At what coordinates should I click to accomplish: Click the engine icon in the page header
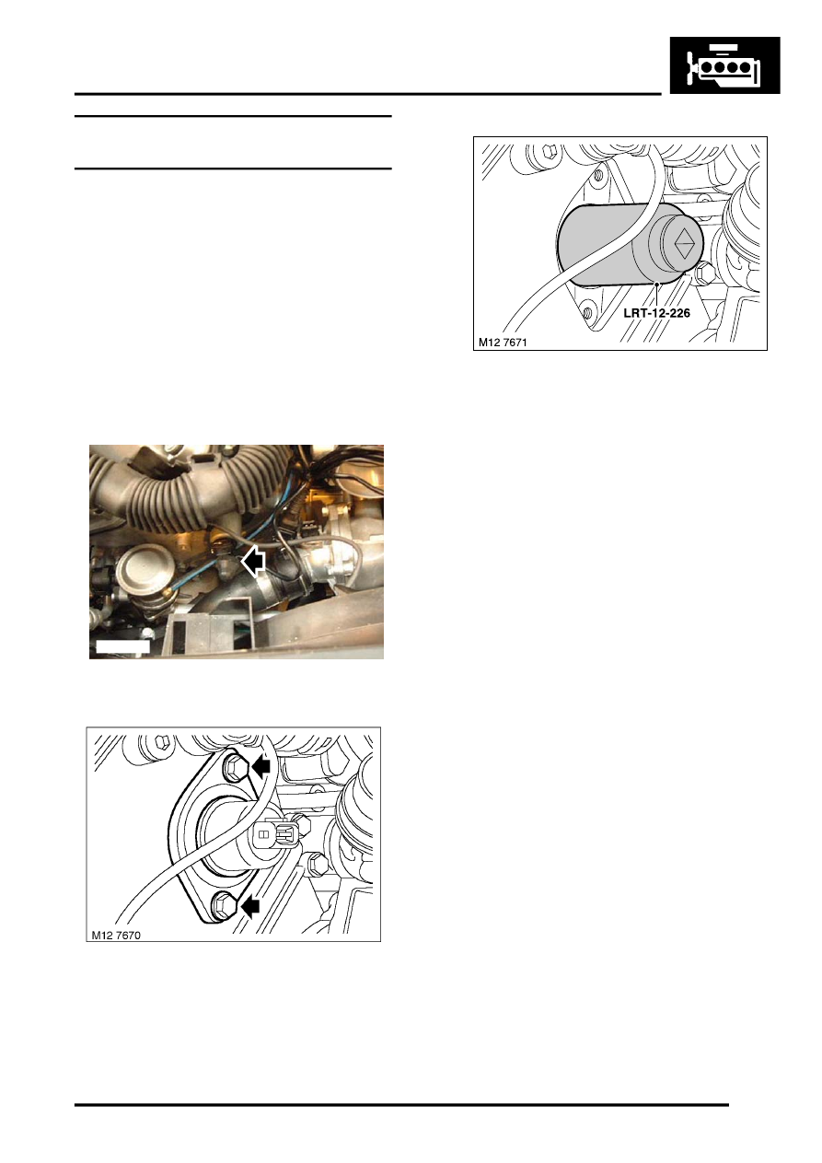click(x=724, y=64)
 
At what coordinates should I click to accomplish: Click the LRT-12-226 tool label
click(x=656, y=314)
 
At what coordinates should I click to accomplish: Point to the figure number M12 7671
click(x=503, y=343)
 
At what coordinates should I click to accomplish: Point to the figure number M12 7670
click(x=116, y=935)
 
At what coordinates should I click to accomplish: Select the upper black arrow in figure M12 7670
click(x=261, y=765)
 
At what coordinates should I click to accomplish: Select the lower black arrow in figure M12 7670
click(x=249, y=906)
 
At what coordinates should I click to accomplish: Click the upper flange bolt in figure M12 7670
click(x=236, y=766)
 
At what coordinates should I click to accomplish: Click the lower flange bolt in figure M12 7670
click(x=225, y=903)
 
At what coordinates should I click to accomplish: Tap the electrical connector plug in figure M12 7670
click(x=275, y=834)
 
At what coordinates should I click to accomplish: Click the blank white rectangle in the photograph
click(x=123, y=646)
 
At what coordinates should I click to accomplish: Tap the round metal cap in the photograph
click(x=138, y=567)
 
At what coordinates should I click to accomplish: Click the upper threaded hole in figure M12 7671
click(x=600, y=176)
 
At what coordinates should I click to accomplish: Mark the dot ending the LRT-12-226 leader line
click(x=657, y=285)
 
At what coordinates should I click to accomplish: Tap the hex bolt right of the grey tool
click(x=705, y=271)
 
